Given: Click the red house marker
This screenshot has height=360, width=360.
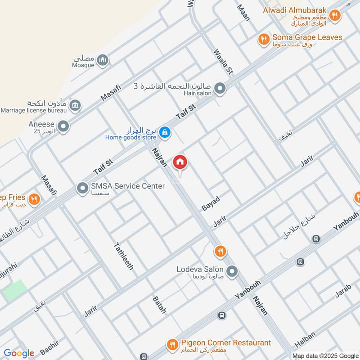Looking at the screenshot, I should (180, 162).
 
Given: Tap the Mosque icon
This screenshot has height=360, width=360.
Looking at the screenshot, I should (103, 60).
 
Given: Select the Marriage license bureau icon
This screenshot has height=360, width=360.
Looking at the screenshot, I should (75, 105).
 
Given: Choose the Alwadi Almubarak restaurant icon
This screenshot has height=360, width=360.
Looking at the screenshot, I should (334, 15).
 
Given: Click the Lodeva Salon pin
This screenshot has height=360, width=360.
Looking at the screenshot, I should (232, 271).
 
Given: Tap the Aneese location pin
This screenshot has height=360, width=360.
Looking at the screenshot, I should (63, 126).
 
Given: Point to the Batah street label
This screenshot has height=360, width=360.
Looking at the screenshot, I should (159, 305).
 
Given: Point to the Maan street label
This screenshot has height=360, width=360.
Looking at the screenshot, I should (243, 10).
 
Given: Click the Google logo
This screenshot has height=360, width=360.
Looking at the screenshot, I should (19, 353).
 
